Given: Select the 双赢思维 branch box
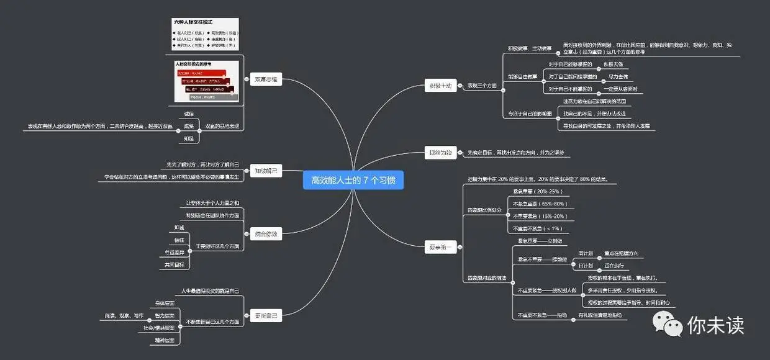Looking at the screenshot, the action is (x=266, y=79).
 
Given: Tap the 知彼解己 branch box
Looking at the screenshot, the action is (x=266, y=171).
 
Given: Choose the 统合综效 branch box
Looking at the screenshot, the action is (x=266, y=234).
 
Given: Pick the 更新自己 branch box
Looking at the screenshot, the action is (x=266, y=315).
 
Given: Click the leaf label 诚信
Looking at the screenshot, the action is (x=189, y=114).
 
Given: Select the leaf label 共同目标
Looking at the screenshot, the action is (x=174, y=264).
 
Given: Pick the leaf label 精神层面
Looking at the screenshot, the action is (x=165, y=340).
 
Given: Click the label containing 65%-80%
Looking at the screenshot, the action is (x=539, y=204).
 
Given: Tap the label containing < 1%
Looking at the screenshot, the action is (x=539, y=228).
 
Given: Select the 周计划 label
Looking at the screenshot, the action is (x=586, y=253).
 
